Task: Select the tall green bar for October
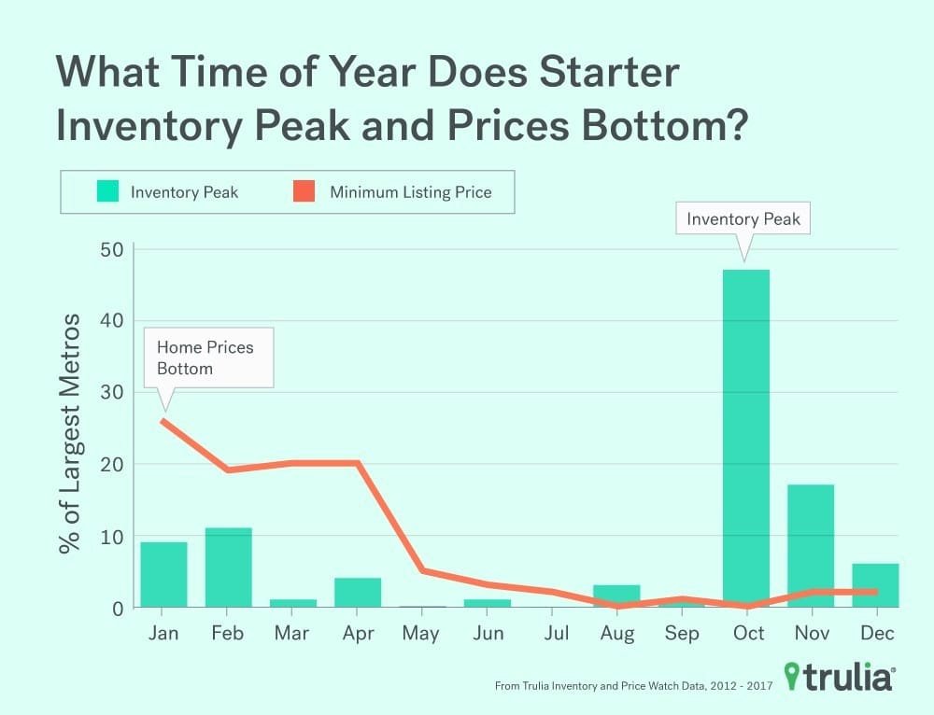(746, 439)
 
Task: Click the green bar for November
(811, 546)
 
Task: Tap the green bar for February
(228, 568)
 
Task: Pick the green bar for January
(163, 575)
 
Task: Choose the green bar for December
(876, 586)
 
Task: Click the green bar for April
(358, 593)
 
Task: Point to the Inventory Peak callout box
(743, 220)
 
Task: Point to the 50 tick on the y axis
(111, 249)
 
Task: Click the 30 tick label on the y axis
(111, 393)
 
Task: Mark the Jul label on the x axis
(556, 634)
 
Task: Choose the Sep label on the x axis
(682, 634)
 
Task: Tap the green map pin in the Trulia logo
(794, 676)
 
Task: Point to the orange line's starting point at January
(164, 420)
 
